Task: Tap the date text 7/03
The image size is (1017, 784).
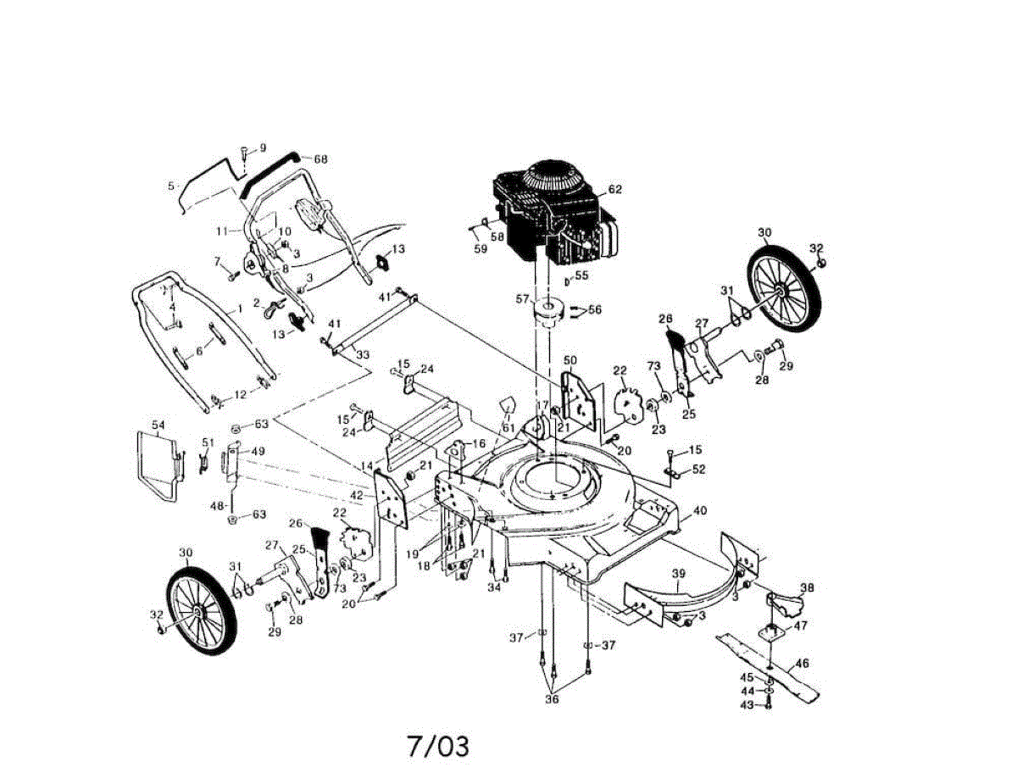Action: [x=437, y=746]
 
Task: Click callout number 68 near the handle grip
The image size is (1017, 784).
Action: [x=320, y=159]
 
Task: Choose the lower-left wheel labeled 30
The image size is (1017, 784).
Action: [x=202, y=610]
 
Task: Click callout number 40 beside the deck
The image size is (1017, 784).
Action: [x=699, y=510]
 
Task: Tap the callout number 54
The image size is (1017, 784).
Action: [x=158, y=424]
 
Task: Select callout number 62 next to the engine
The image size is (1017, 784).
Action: [x=614, y=189]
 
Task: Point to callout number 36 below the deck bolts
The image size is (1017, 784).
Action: [x=552, y=699]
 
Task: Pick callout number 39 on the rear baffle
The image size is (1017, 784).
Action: [x=678, y=575]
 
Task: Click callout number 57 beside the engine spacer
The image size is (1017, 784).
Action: [x=523, y=299]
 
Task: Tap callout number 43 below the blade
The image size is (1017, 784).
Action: [x=747, y=704]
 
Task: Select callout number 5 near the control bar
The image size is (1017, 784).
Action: [x=171, y=185]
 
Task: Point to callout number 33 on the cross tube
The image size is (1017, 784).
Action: [x=363, y=354]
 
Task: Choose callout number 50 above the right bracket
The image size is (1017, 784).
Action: [x=570, y=360]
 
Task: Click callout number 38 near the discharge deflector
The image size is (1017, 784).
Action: [x=807, y=587]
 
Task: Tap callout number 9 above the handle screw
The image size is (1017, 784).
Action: [x=263, y=147]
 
